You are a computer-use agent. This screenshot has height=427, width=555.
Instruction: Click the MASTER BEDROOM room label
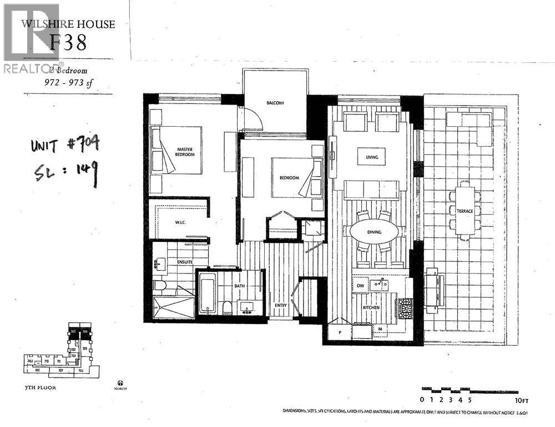[185, 152]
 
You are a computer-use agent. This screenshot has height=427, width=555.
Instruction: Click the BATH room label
[239, 286]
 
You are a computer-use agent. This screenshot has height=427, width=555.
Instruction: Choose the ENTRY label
[281, 305]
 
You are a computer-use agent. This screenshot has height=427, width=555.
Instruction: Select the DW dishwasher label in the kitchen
[360, 286]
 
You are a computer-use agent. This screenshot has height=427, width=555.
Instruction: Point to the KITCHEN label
[370, 307]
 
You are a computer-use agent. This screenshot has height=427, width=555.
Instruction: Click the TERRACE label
[465, 211]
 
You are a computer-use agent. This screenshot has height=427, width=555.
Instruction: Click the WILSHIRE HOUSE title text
[68, 24]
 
